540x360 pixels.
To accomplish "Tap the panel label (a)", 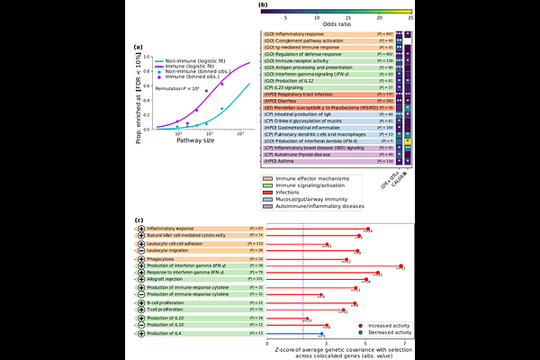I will pos(138,47).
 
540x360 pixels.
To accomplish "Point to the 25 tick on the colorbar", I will pos(409,17).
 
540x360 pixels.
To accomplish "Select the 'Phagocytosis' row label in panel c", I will pos(166,259).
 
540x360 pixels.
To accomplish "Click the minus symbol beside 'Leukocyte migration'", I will pos(142,250).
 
